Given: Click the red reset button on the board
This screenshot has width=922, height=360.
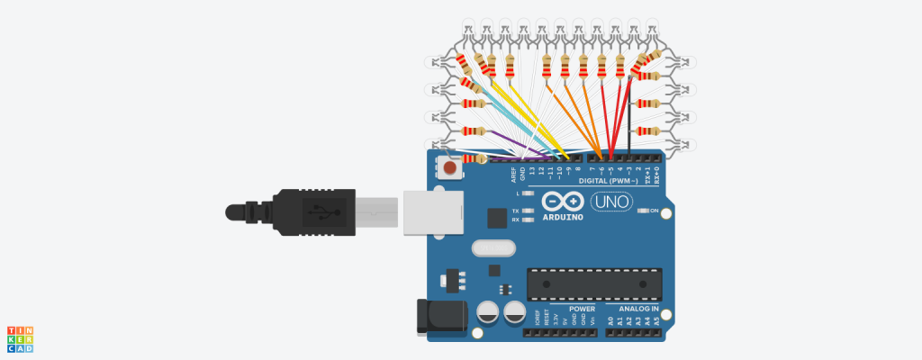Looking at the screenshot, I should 448,166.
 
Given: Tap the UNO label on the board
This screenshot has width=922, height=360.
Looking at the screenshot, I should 611,203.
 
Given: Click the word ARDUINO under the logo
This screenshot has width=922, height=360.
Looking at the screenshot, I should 562,217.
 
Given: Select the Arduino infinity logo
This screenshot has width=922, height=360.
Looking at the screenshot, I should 563,202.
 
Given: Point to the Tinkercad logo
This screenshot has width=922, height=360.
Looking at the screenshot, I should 20,338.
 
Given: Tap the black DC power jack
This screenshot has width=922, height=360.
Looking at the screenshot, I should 438,318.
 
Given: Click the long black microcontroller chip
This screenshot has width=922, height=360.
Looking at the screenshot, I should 594,283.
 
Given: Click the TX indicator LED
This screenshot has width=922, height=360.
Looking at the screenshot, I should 528,211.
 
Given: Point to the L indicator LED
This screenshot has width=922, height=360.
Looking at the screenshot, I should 528,193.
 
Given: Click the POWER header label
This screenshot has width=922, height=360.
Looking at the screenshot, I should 582,309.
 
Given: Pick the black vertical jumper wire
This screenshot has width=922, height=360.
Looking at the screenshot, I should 630,117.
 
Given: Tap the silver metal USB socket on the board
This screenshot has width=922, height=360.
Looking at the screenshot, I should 429,213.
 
